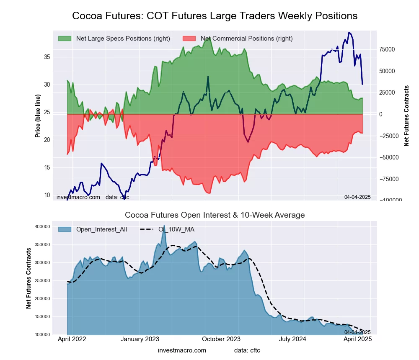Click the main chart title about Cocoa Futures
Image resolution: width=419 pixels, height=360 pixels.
point(215,16)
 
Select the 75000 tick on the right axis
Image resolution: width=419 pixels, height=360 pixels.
point(387,49)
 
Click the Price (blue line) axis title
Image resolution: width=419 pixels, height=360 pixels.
point(38,116)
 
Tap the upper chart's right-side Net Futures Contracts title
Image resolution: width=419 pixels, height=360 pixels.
point(406,116)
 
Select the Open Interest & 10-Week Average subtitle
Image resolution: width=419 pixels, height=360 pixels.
point(215,215)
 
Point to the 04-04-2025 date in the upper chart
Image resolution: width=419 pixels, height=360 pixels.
point(357,197)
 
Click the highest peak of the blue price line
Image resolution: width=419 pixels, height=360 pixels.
point(349,32)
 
